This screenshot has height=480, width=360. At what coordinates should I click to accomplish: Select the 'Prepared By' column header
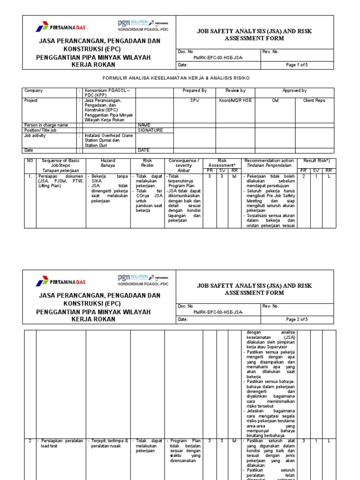195,90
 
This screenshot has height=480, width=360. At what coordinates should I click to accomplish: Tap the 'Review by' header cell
235,90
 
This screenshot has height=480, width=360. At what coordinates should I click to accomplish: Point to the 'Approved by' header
294,90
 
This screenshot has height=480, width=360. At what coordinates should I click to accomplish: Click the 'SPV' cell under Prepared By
195,100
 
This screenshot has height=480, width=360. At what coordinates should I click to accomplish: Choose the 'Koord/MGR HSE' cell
235,100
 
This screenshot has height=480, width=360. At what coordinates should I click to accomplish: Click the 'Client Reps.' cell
315,100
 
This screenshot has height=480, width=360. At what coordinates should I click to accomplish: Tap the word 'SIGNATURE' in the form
150,130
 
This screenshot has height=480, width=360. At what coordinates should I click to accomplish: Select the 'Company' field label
33,90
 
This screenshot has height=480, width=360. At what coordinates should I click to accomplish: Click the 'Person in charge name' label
46,125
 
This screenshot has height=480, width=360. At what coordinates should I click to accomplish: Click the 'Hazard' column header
108,161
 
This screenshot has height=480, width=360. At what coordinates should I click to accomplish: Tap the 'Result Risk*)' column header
317,161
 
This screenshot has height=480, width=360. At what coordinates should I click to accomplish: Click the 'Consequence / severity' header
183,163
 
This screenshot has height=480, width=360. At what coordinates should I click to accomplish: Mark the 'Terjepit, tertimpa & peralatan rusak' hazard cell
109,443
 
